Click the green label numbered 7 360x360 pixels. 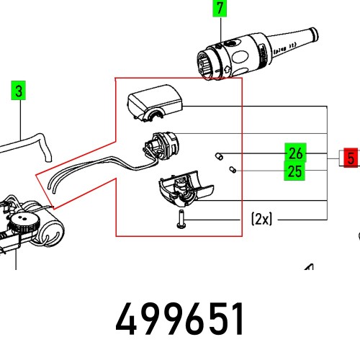(220, 9)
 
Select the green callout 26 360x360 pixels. (294, 153)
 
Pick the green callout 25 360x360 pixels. (294, 171)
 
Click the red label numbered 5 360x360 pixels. (351, 158)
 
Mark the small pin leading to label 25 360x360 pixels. (232, 170)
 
